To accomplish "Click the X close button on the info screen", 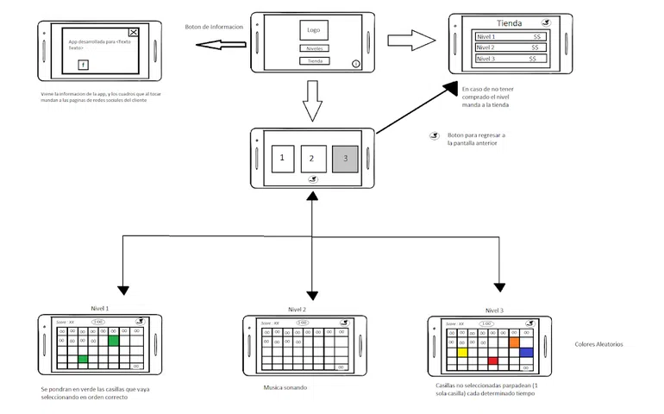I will [133, 33].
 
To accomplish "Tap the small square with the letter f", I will [83, 65].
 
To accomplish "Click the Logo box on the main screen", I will [313, 30].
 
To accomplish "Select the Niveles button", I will [314, 48].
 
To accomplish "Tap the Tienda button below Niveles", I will [315, 61].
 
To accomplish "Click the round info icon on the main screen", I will [356, 64].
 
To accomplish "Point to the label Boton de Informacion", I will [214, 27].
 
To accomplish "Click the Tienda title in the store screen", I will [511, 23].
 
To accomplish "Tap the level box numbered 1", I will [282, 158].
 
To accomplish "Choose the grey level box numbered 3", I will [345, 158].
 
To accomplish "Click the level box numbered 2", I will [314, 158].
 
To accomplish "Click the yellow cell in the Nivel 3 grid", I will [462, 352].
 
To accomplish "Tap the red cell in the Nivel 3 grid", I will [493, 361].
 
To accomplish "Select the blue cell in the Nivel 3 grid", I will [525, 352].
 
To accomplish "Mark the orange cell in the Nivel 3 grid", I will [515, 342].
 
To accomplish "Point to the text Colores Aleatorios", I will [598, 345].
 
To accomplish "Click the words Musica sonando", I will [285, 387].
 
